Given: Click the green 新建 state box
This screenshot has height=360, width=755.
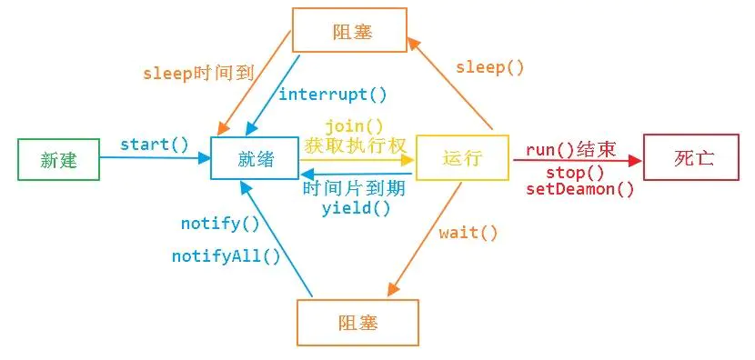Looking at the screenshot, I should (58, 159).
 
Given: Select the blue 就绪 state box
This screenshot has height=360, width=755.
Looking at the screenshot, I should (255, 159).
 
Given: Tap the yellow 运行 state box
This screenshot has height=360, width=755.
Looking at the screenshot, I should (461, 159).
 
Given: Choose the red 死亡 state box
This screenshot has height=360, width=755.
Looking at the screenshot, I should (693, 157).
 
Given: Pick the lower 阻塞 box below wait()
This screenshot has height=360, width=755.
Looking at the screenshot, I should (357, 323).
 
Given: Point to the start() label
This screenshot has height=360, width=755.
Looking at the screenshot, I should (155, 144).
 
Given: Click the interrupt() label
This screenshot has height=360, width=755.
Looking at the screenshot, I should (332, 95).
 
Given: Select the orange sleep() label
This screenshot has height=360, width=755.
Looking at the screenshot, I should (490, 67).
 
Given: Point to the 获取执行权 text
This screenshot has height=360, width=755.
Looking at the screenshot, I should (354, 145).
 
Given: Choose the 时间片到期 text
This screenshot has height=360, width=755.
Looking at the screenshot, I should (354, 188).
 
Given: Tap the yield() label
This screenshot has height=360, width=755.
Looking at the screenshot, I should (356, 207).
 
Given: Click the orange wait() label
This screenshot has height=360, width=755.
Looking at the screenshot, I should (468, 233).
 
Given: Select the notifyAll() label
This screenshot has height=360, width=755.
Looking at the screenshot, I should (226, 256).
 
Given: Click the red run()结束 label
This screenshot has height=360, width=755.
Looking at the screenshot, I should (571, 150).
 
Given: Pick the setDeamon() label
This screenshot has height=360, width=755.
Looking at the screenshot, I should (580, 189).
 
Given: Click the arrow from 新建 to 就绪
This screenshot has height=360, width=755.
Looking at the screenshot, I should (155, 158).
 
